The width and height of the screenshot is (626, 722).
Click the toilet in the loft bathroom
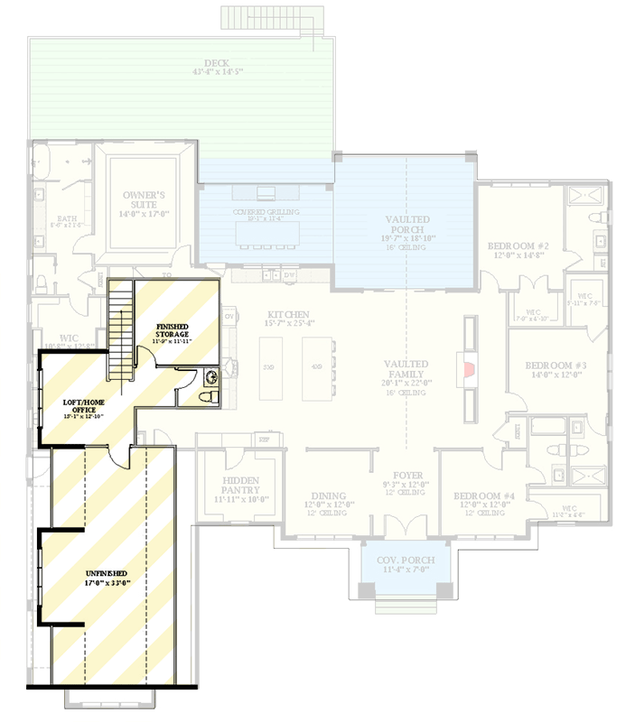click(x=203, y=395)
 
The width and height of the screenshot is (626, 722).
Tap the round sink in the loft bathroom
click(x=211, y=376)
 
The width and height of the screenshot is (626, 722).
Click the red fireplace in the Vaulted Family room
click(x=468, y=368)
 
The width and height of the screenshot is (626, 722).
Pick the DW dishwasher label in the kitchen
click(x=289, y=273)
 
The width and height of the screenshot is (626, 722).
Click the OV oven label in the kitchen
click(x=229, y=317)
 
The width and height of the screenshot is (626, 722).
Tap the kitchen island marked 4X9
click(x=317, y=367)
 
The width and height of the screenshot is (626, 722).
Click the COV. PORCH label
click(x=406, y=560)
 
